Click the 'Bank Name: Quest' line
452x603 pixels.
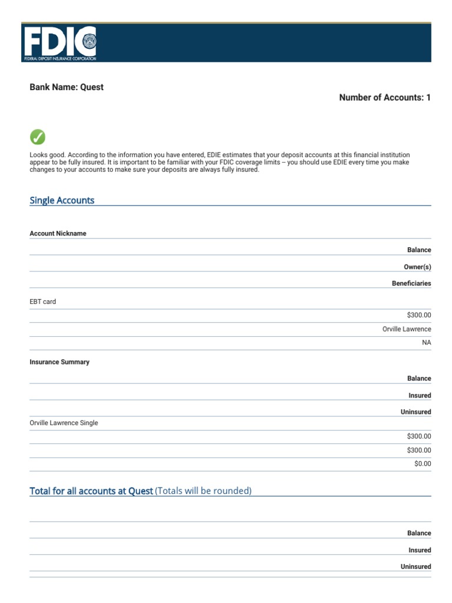67,87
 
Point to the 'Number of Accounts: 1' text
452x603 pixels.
385,98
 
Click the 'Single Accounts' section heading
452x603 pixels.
62,201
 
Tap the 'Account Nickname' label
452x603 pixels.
58,234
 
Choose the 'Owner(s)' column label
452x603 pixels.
417,267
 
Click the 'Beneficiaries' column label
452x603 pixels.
411,283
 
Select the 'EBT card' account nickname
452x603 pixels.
43,302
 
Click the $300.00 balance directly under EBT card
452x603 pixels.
418,315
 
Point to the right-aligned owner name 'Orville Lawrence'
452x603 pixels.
407,329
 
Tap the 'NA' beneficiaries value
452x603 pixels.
426,343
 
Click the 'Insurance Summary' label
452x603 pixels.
59,362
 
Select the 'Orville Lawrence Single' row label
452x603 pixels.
64,423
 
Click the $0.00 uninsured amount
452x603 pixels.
423,464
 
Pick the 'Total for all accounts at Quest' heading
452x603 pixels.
91,491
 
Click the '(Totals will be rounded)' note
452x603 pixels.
203,491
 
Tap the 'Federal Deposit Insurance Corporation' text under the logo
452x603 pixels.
60,59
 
